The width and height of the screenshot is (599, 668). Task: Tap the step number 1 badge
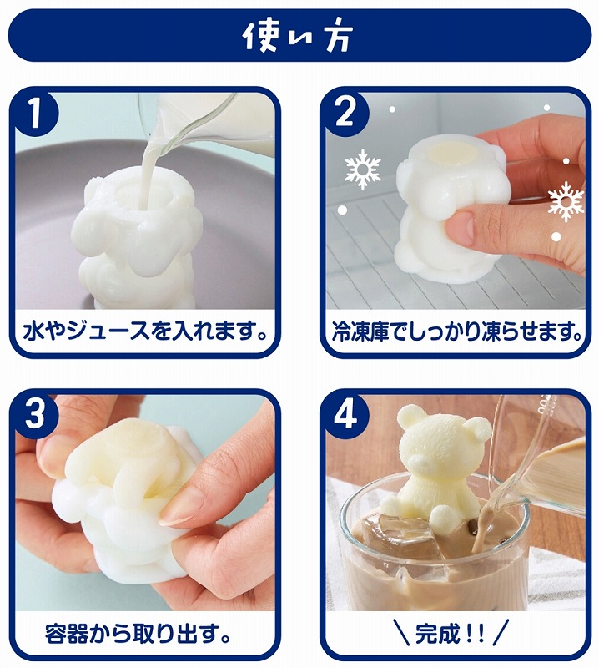tap(36, 113)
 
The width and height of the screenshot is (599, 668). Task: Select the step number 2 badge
tap(345, 113)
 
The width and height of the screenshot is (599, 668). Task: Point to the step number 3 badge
tap(36, 414)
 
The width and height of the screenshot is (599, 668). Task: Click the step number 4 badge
tap(345, 414)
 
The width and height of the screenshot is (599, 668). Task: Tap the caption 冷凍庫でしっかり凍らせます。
tap(457, 331)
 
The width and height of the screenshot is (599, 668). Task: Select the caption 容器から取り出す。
tap(138, 633)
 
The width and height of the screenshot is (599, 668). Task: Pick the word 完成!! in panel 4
tap(450, 634)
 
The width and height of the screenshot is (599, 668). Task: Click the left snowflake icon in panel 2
tap(362, 169)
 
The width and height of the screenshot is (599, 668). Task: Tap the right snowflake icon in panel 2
tap(566, 201)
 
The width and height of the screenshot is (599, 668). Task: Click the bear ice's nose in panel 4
tap(418, 462)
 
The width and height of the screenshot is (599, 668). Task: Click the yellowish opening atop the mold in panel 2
tap(451, 154)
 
